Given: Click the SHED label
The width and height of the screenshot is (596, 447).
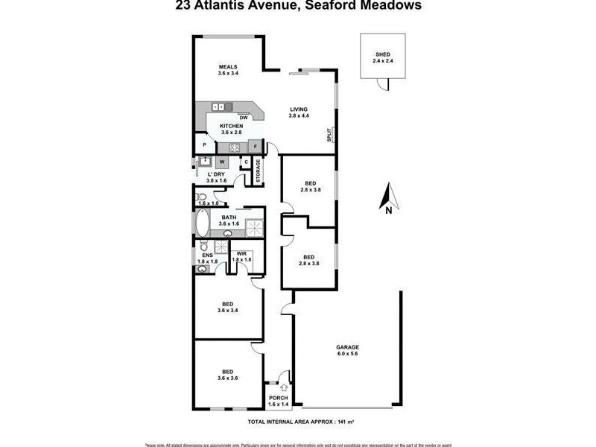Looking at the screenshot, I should click(x=382, y=54).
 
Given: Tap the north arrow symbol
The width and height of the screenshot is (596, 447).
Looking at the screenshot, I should click(x=387, y=197).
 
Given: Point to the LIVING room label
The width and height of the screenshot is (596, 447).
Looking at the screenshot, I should click(x=299, y=110).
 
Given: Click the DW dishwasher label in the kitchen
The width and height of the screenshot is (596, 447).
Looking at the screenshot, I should click(x=244, y=118).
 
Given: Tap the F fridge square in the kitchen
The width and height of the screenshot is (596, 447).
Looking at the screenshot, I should click(x=255, y=146).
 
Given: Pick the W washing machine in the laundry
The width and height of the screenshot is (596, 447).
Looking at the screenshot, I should click(x=222, y=162).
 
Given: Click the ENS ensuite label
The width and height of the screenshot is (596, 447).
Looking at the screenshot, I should click(x=207, y=255).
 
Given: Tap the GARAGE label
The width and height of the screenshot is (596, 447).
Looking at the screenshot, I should click(x=347, y=347).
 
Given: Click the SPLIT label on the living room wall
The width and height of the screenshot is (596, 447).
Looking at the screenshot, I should click(x=329, y=136).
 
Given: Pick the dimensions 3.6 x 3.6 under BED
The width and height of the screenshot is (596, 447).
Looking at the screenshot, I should click(x=228, y=378).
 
